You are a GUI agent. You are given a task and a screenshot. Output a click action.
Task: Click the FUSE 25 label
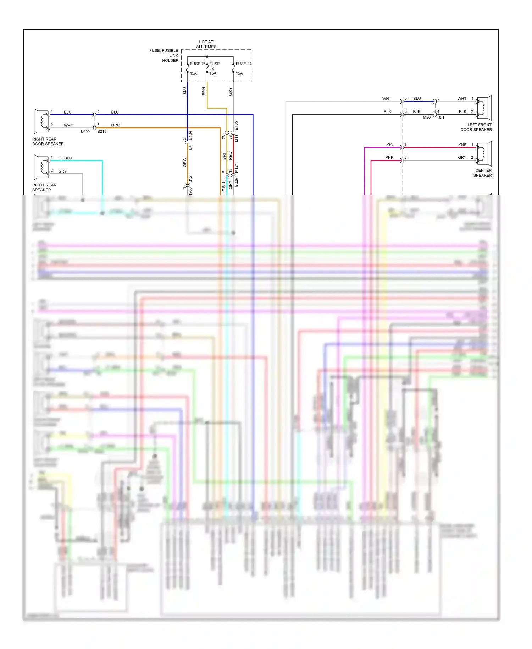click(x=198, y=64)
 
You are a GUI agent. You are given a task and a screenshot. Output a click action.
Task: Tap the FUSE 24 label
click(x=244, y=64)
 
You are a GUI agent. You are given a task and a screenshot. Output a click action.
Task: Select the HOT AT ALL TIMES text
click(x=206, y=44)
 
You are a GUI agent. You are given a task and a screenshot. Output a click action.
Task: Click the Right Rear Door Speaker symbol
click(x=41, y=121)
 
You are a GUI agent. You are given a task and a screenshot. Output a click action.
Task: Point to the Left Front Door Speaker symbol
click(x=484, y=108)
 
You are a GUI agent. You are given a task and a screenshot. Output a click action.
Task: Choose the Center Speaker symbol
click(x=484, y=153)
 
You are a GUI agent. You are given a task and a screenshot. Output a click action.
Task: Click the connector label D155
click(x=85, y=131)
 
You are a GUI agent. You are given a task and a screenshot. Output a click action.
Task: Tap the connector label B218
click(x=102, y=131)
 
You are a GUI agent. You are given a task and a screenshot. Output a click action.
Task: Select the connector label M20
click(x=427, y=118)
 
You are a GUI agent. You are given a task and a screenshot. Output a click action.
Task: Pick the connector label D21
click(x=441, y=118)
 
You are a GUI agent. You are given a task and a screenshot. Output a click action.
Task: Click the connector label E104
click(x=190, y=136)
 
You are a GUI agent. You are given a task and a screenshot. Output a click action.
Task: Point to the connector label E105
click(x=237, y=126)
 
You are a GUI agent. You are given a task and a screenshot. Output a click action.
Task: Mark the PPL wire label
click(x=390, y=144)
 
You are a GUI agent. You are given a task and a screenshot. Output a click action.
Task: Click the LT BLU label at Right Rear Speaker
click(x=65, y=158)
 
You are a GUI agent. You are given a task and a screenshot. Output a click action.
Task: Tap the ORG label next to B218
click(x=116, y=125)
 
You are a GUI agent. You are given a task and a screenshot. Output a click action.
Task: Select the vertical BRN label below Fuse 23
click(x=204, y=91)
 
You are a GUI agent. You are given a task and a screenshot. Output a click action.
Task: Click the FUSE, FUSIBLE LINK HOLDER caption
click(x=164, y=56)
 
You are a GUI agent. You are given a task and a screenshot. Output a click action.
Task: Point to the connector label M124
click(x=237, y=168)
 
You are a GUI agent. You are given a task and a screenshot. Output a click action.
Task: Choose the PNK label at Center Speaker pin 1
click(x=462, y=144)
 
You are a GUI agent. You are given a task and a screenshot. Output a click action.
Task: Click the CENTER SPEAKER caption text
click(x=483, y=173)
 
